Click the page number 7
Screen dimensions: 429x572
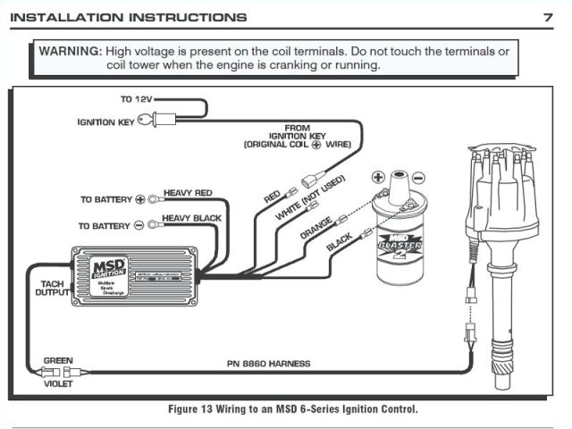(x=547, y=17)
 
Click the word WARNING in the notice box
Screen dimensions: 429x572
(x=69, y=51)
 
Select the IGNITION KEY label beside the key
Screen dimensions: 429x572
(x=105, y=122)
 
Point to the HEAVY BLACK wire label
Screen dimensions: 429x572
(x=190, y=219)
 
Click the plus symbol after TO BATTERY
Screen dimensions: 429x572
(x=139, y=199)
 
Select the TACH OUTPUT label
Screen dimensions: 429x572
(x=51, y=286)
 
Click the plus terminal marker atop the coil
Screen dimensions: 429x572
(x=378, y=178)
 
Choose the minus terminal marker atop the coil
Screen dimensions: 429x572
(x=417, y=178)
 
